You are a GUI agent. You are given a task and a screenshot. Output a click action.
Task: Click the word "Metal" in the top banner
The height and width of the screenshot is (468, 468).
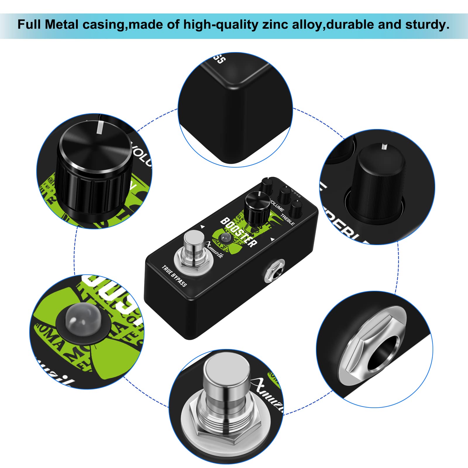click(x=62, y=25)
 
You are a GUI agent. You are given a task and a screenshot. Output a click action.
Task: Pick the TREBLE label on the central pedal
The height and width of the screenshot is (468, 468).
click(x=288, y=220)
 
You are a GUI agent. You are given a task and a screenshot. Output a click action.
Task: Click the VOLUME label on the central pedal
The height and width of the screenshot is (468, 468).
click(x=277, y=205)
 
